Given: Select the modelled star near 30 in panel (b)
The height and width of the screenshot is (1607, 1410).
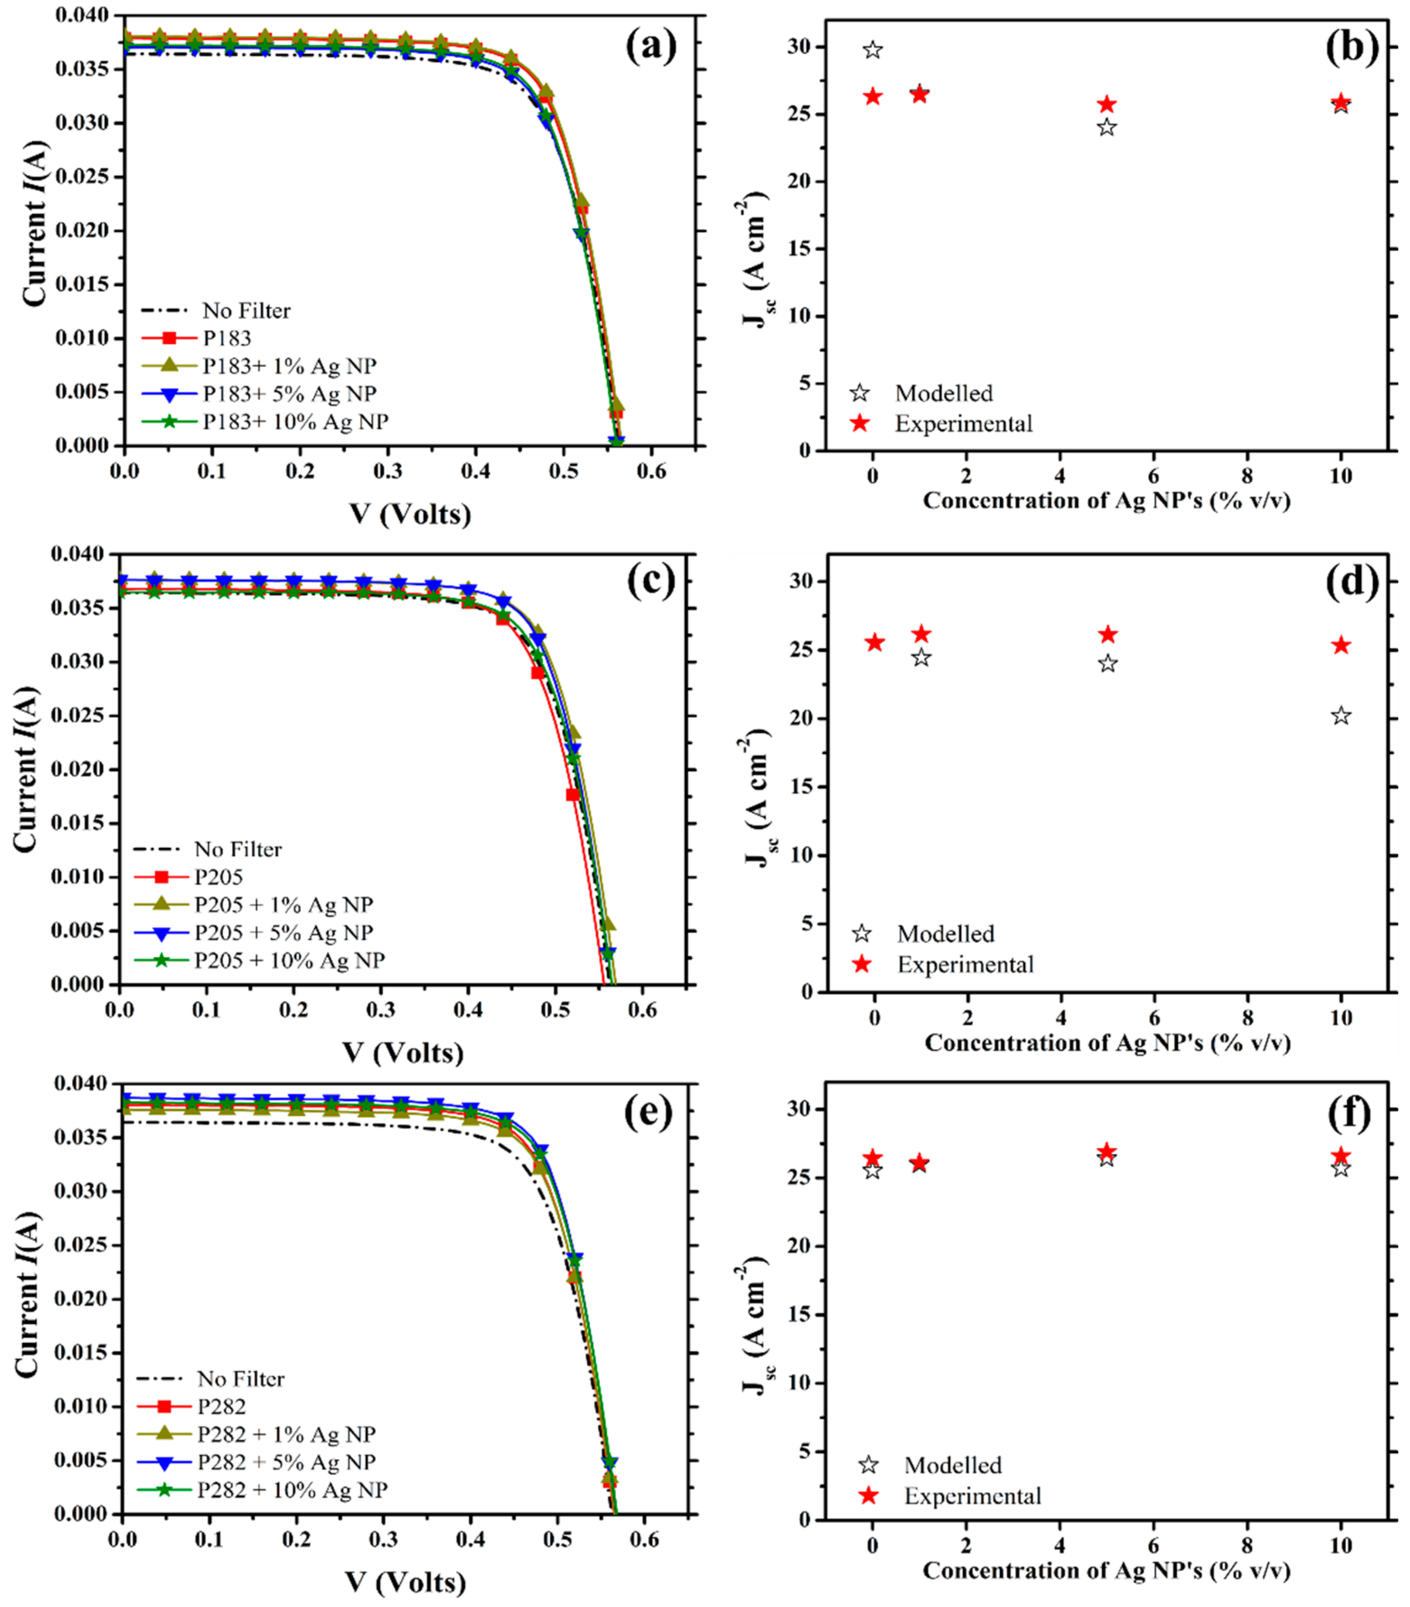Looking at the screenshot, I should [x=872, y=50].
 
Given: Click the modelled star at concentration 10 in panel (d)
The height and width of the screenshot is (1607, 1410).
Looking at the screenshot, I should [x=1341, y=716].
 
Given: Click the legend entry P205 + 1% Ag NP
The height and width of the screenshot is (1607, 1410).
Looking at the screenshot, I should [x=283, y=905].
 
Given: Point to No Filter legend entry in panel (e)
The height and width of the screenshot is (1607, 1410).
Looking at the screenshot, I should [x=241, y=1379].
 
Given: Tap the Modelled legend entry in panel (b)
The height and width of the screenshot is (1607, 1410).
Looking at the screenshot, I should [x=944, y=393].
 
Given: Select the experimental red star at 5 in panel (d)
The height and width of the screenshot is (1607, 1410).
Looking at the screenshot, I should [x=1107, y=635].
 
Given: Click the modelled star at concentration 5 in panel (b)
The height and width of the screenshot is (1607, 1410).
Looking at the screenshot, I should [x=1107, y=127].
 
